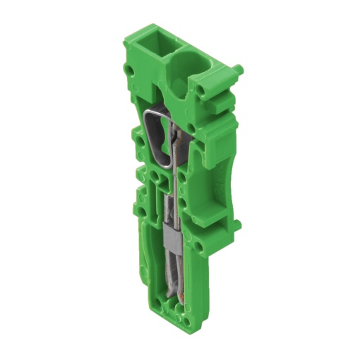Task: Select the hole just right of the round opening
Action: click(x=204, y=90)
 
